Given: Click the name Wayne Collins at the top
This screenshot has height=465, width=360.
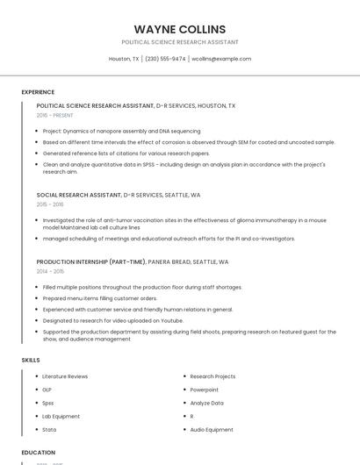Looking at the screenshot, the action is coord(180,29).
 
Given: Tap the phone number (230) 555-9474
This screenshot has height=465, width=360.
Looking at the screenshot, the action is coord(165,59).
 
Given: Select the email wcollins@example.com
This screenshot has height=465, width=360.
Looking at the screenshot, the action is coord(221,59).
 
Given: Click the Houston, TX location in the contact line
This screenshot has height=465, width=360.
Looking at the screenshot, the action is coord(124,59).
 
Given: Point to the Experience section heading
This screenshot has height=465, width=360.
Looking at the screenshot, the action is coord(38,92).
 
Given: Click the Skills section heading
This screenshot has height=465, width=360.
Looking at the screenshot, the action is coord(31,360).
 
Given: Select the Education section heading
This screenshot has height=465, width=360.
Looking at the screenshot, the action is coord(39,452).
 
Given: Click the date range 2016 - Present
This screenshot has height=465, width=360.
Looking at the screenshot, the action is coord(55,115).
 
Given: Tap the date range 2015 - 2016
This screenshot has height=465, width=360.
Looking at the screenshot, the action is coord(50,204).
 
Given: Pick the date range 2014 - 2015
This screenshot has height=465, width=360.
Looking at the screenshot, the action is coord(50,271).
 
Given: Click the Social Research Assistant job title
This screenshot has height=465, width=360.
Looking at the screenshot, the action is coord(79,195).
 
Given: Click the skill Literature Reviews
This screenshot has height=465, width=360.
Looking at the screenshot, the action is coord(65,376).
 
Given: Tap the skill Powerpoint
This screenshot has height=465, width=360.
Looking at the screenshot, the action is coord(205,390).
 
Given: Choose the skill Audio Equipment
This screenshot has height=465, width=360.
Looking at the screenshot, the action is coord(212,430).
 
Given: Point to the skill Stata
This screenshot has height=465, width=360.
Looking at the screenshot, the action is coord(49,430).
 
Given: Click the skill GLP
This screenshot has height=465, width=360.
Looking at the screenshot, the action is coord(47,390).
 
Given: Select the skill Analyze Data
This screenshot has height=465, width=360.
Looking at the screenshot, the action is coord(207,403).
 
